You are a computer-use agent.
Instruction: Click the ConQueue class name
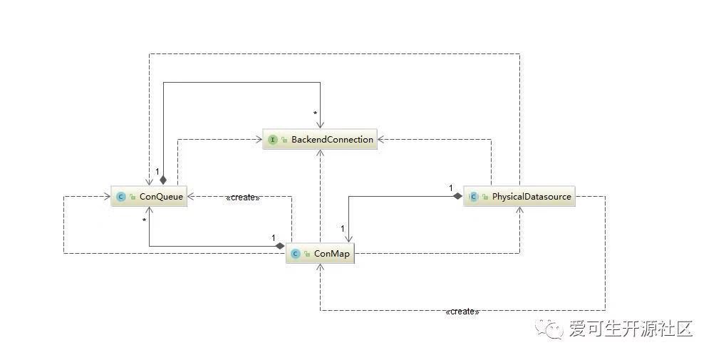click(x=161, y=197)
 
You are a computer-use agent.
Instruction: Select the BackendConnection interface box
click(x=320, y=139)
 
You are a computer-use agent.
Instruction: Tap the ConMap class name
click(x=332, y=254)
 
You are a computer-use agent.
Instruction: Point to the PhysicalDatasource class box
click(x=519, y=197)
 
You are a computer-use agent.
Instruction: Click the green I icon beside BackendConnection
click(x=273, y=140)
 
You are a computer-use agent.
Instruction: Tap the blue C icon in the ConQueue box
click(x=121, y=197)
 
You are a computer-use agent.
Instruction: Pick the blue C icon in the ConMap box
click(x=296, y=254)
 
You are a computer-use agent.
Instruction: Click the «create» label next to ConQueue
click(x=243, y=197)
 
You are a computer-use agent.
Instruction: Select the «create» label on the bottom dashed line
click(x=462, y=312)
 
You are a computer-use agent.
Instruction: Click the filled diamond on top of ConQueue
click(x=163, y=179)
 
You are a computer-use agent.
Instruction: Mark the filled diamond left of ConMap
click(x=280, y=246)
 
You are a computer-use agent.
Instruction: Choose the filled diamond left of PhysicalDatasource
click(x=457, y=197)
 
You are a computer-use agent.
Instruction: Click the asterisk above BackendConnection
click(x=315, y=113)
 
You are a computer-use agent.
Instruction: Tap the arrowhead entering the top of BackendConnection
click(x=321, y=125)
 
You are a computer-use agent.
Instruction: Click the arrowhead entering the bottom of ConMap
click(x=321, y=269)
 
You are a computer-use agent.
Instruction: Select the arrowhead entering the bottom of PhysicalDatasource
click(x=519, y=211)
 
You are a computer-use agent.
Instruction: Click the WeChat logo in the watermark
click(x=549, y=329)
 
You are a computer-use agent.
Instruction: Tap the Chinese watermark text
click(x=631, y=329)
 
